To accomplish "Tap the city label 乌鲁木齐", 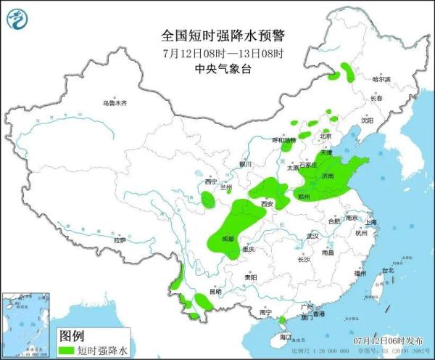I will [x=114, y=104].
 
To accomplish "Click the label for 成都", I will [x=228, y=238].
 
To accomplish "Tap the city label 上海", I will [x=371, y=222].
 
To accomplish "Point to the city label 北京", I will [x=326, y=136].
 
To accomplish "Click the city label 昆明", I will [x=215, y=292].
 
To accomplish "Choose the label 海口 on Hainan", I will [x=285, y=337].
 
